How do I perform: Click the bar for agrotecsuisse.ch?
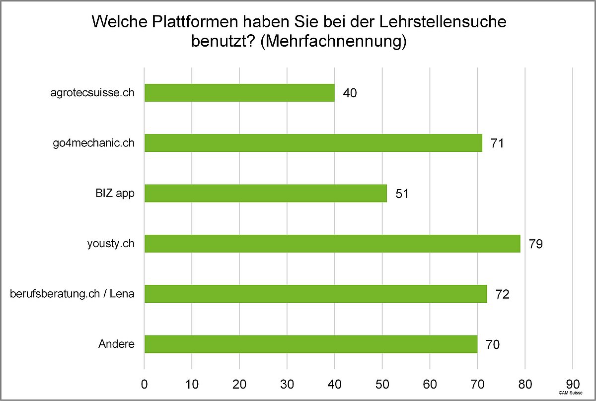[239, 93]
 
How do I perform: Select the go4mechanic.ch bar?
[313, 143]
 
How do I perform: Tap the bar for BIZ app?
[265, 194]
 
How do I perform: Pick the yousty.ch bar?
[332, 244]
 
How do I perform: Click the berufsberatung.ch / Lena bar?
[315, 294]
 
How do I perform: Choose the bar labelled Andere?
[310, 344]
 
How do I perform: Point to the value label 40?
[350, 93]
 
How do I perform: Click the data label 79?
[536, 244]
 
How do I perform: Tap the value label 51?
[402, 194]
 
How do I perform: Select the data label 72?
[503, 294]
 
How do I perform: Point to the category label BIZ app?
[115, 194]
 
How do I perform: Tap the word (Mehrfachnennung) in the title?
[333, 41]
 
